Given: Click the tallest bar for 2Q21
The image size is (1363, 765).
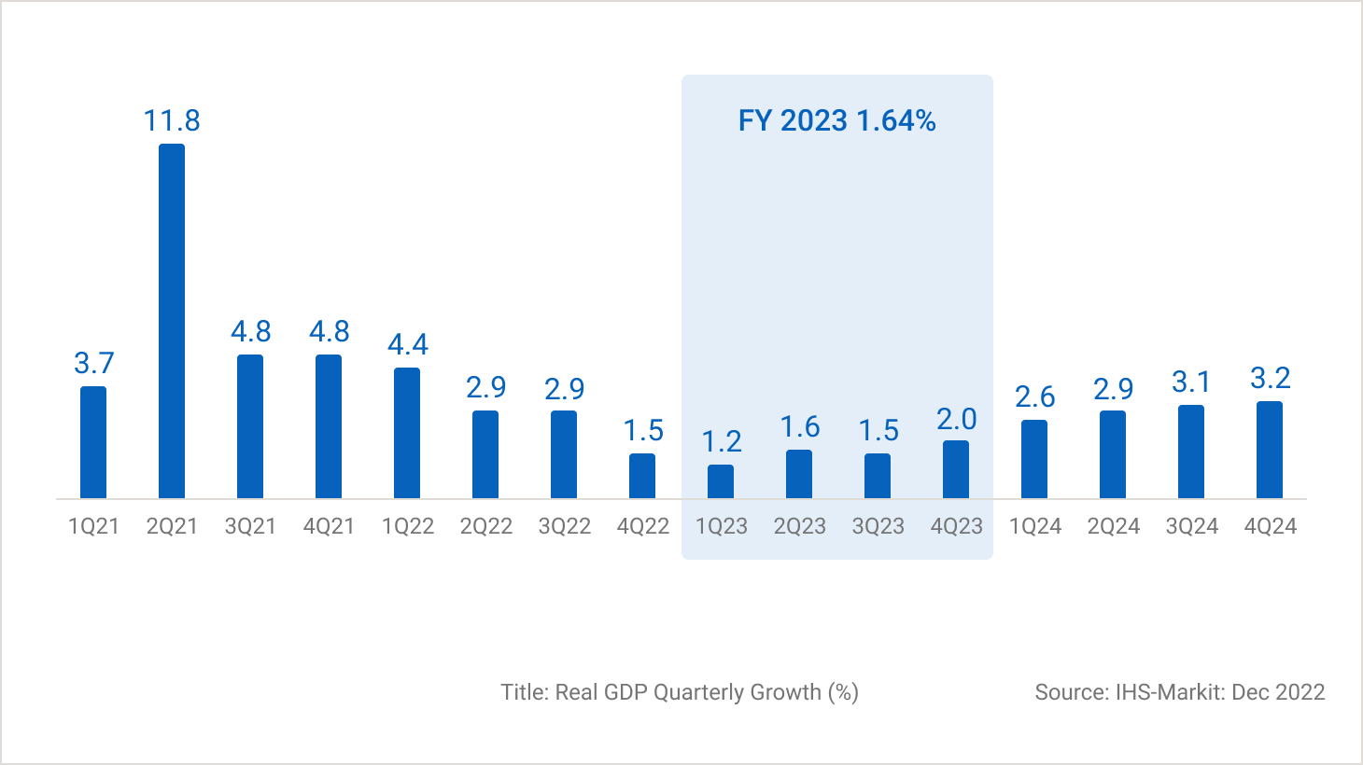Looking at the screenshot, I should tap(172, 320).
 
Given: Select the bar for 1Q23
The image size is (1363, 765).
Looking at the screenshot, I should tap(721, 481).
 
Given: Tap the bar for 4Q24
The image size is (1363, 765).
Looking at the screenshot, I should tap(1270, 450).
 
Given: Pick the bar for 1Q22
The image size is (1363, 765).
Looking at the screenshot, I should tap(407, 433).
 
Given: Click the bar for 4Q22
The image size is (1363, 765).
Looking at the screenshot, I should tap(642, 476).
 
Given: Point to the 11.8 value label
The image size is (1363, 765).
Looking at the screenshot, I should tap(172, 120).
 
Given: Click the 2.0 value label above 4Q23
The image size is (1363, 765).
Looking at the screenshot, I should tap(957, 420).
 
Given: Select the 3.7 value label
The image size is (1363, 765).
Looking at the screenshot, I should tap(93, 363).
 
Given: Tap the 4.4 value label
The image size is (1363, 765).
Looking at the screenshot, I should tap(408, 345).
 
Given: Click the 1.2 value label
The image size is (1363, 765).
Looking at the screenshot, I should tap(722, 441).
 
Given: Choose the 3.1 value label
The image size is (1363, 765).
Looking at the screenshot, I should tap(1191, 382).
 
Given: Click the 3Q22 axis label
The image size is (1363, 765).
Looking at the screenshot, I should tap(564, 526).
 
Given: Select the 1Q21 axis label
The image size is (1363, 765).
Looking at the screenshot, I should tap(93, 526).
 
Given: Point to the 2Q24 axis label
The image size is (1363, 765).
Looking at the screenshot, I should tap(1113, 526).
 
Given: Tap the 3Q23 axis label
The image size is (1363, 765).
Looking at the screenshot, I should tap(878, 526).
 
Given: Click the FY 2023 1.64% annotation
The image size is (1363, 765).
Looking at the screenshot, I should tap(836, 120).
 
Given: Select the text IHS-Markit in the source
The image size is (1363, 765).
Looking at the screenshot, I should tap(1168, 692).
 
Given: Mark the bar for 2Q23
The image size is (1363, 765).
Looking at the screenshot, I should tap(799, 474).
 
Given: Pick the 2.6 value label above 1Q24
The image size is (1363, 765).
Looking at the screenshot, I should tap(1035, 397).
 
